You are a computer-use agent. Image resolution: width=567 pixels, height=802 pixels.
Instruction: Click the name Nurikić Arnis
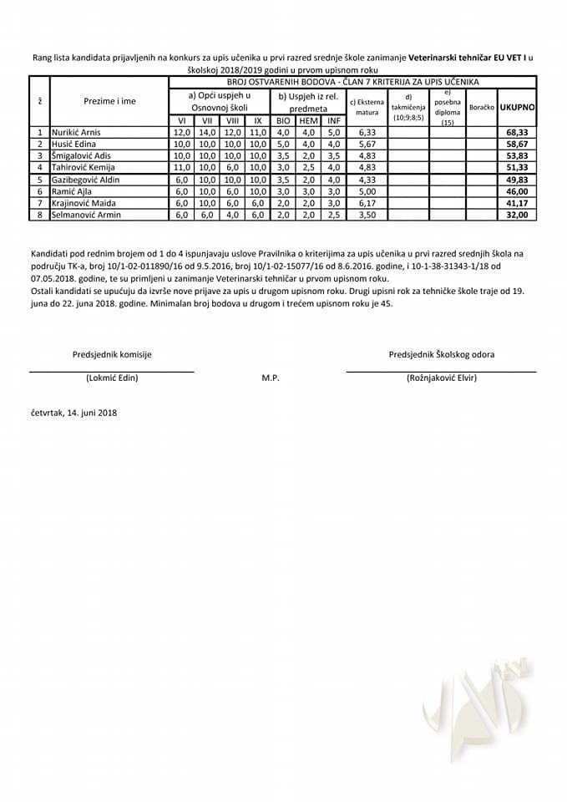[x=76, y=132]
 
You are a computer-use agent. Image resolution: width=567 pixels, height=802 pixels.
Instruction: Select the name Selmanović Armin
[x=86, y=215]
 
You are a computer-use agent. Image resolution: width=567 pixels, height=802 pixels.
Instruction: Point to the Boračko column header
[x=482, y=108]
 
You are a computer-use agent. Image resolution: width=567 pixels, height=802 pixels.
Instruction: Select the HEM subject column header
[x=308, y=120]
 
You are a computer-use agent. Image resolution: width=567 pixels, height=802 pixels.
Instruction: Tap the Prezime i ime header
[x=109, y=101]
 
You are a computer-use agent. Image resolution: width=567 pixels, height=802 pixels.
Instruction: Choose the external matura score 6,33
[x=367, y=132]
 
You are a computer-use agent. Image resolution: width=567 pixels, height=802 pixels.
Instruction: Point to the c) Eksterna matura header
[x=367, y=106]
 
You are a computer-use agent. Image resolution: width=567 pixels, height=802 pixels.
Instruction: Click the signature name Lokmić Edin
[x=112, y=378]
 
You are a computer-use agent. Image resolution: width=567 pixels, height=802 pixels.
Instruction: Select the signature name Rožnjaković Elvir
[x=441, y=378]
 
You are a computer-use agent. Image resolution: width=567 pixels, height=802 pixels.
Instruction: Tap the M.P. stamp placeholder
[x=270, y=378]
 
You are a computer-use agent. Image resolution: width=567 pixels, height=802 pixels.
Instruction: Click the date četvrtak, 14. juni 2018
[x=73, y=413]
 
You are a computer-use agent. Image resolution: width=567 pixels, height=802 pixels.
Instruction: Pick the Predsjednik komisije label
[x=112, y=354]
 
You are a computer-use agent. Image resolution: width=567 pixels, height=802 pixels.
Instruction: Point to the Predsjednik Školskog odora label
[x=441, y=354]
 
